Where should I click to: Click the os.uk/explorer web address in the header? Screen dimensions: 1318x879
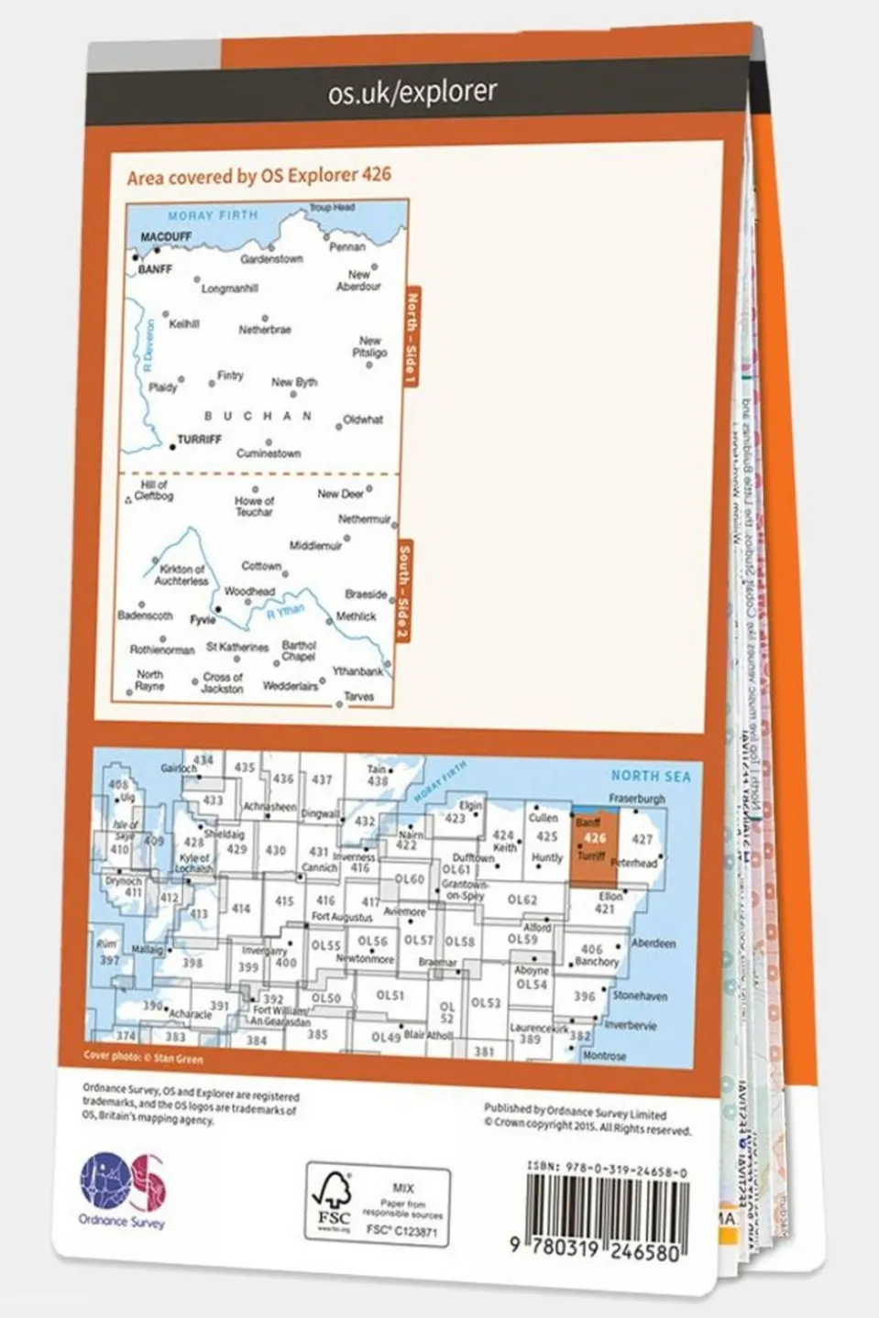point(412,92)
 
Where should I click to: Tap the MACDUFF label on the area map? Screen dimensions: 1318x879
point(166,236)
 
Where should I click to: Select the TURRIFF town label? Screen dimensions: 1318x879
point(199,440)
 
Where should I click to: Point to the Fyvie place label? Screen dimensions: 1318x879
point(203,620)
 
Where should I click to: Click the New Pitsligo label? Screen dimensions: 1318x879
point(369,346)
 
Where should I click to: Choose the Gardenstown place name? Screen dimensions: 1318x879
point(271,259)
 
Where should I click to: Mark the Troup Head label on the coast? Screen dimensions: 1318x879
point(332,208)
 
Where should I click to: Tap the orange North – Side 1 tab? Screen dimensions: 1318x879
point(410,338)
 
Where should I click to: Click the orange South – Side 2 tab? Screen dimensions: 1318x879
point(404,592)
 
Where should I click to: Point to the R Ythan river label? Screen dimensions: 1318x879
point(284,613)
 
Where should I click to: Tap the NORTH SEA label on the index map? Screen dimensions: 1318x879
point(651,777)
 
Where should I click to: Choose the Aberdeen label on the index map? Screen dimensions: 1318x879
point(653,943)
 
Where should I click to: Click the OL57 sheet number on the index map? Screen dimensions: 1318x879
point(418,941)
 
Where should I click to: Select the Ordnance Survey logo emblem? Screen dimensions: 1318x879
point(123,1180)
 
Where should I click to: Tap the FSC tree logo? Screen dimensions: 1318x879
point(333,1201)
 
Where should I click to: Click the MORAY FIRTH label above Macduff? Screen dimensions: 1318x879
point(213,216)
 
